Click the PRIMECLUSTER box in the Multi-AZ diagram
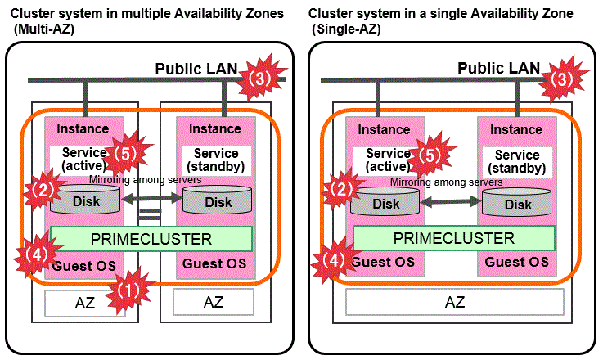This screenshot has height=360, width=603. click(151, 239)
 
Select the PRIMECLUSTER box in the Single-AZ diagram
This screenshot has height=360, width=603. click(454, 238)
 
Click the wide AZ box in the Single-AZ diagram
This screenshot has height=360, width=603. click(454, 302)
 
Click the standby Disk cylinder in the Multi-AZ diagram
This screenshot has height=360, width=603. click(218, 200)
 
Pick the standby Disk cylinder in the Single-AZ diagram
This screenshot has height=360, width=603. click(517, 201)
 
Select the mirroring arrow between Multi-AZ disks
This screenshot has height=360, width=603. click(151, 196)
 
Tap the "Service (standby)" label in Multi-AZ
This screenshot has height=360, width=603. click(216, 161)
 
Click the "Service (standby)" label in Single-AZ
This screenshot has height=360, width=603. click(517, 161)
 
